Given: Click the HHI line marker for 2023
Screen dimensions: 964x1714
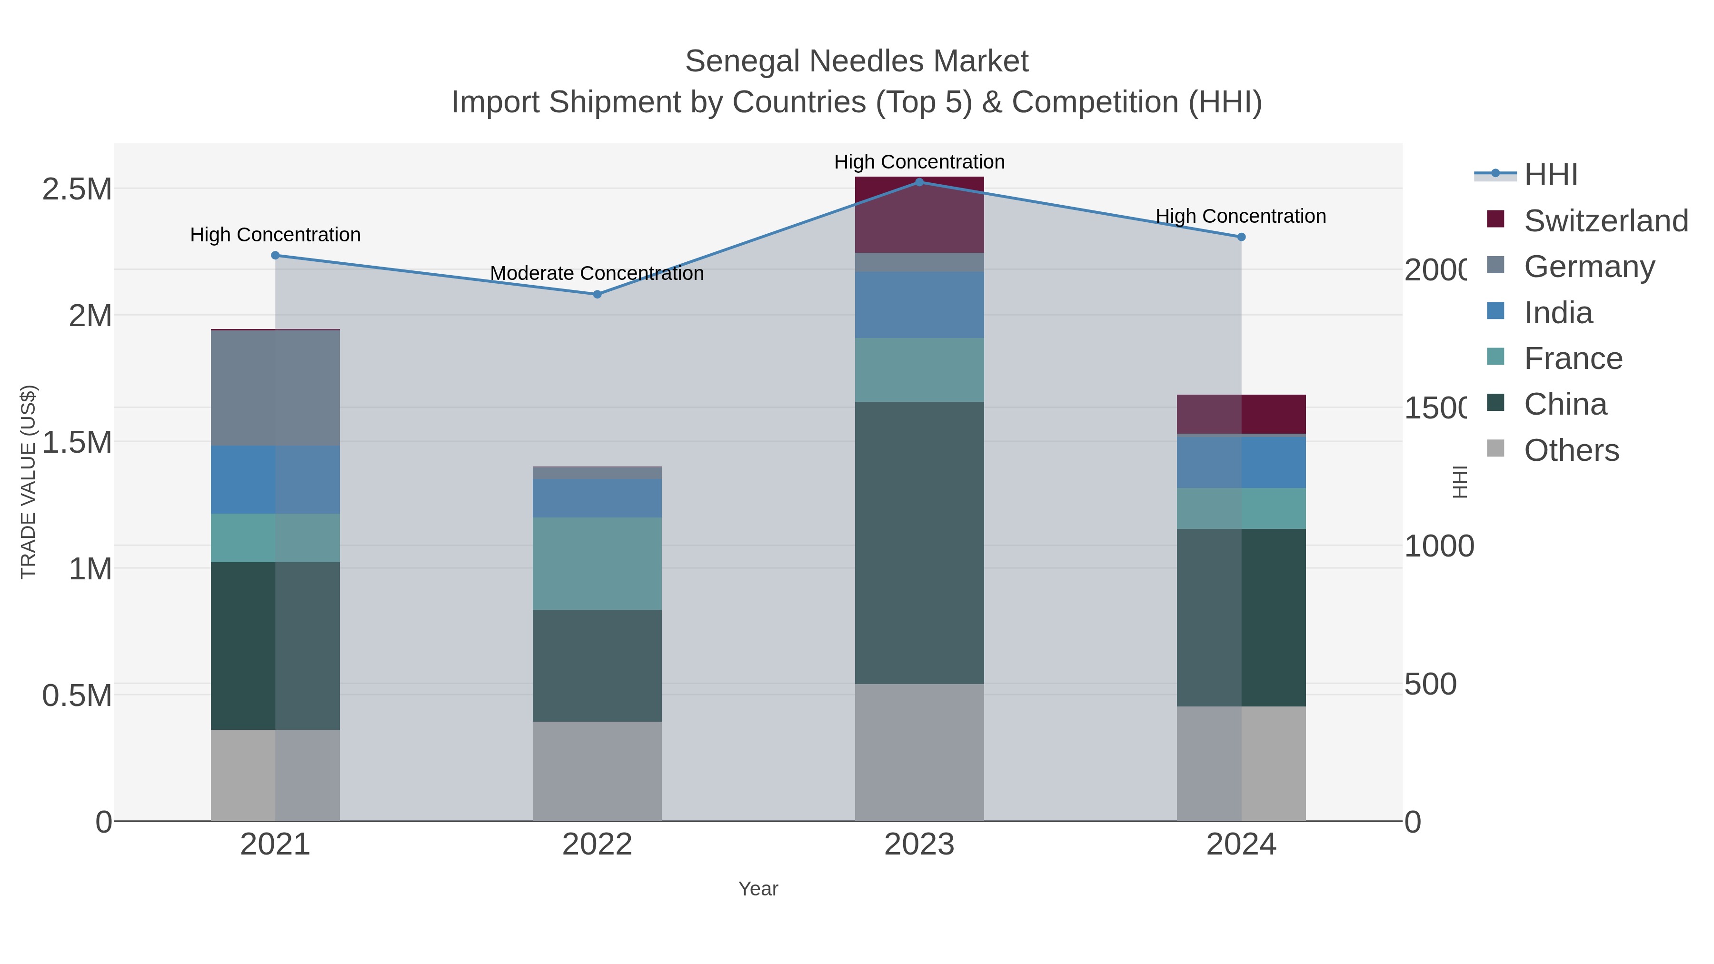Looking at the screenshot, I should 919,182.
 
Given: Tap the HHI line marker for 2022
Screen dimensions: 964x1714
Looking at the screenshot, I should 597,294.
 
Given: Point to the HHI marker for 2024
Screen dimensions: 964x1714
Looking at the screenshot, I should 1241,237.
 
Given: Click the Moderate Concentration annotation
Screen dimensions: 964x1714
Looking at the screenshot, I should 597,273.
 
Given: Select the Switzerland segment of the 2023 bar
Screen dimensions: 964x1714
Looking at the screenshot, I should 919,215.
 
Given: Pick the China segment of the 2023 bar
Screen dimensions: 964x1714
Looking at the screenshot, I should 919,542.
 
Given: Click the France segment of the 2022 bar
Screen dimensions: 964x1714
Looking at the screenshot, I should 597,564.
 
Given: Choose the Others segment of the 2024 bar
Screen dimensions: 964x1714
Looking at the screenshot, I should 1241,763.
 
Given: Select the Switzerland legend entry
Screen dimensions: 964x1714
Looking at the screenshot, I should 1605,221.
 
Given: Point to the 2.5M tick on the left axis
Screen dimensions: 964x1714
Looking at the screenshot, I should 77,189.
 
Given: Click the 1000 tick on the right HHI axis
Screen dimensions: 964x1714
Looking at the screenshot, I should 1438,546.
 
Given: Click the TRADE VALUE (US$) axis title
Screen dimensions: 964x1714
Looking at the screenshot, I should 28,482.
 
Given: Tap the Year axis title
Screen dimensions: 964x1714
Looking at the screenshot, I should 758,889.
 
